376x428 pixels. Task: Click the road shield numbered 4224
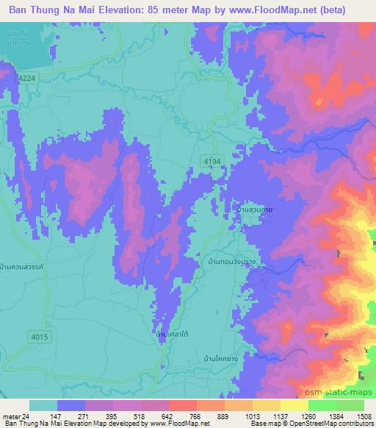26,76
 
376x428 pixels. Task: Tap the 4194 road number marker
213,161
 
